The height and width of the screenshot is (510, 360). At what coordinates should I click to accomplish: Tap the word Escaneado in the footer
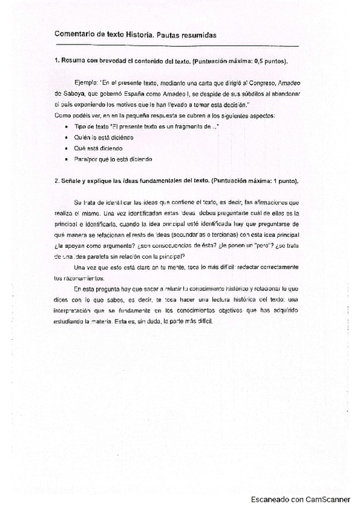coord(272,499)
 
